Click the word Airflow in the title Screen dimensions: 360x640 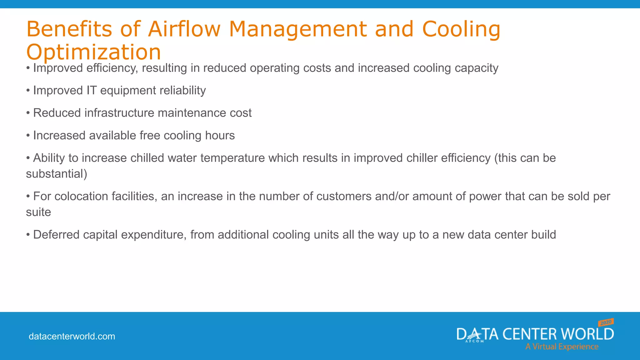click(x=184, y=29)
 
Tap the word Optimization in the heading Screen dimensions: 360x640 click(x=93, y=52)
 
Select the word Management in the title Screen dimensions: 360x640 click(x=298, y=29)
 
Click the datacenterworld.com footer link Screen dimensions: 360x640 click(x=72, y=336)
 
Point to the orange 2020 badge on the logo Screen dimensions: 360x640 click(x=606, y=322)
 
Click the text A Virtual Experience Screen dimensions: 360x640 click(x=562, y=347)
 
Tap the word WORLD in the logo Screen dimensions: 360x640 click(x=587, y=334)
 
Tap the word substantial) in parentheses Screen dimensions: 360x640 click(x=57, y=174)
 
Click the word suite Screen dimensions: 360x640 click(x=38, y=212)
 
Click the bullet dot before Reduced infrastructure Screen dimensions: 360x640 click(x=28, y=113)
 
